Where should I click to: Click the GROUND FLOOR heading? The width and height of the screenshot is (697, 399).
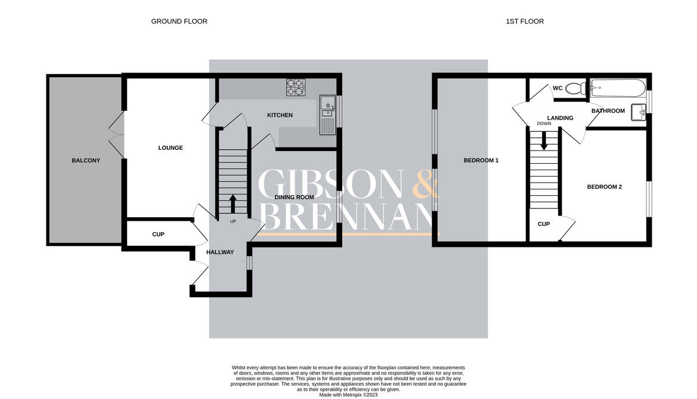pos(179,21)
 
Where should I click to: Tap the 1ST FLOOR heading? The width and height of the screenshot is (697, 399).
pos(524,21)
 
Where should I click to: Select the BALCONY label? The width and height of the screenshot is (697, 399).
pos(86,161)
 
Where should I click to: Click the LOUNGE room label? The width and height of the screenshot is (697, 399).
pos(171,148)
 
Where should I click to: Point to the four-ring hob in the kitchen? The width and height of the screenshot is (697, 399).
pos(296,87)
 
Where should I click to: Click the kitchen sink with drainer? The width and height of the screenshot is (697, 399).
pos(328,115)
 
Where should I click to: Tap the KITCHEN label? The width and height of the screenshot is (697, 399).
pos(280,115)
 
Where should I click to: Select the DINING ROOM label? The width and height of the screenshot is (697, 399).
pos(294,197)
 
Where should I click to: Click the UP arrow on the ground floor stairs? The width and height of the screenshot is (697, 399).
pos(233,204)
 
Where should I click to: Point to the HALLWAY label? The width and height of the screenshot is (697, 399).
pos(220,253)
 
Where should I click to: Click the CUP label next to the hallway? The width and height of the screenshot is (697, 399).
pos(158,235)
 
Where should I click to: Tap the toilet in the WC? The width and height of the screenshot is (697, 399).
pos(576,88)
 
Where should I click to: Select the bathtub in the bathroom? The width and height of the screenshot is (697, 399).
pos(618,88)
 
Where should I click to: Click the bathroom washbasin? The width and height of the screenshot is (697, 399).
pos(638,112)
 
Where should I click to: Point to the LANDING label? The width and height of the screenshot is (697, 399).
pos(560,118)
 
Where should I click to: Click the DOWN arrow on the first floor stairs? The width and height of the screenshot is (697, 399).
pos(544,141)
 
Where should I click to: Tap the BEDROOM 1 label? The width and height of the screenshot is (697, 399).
pos(481,161)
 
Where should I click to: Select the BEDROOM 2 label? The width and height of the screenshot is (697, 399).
pos(604,187)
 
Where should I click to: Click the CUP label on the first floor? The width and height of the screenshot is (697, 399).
pos(544,224)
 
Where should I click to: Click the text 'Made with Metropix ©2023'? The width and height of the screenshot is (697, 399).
pos(348,395)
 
